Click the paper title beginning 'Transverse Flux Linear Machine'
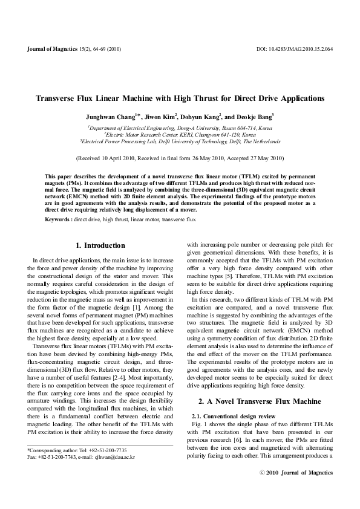(x=180, y=98)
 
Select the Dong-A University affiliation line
(x=180, y=128)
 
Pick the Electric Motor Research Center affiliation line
(x=180, y=135)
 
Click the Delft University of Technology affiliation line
(x=180, y=141)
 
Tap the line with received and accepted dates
(x=180, y=158)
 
